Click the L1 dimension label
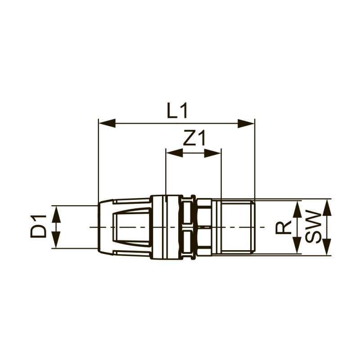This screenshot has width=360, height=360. (177, 111)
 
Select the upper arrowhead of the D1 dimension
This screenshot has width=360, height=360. (56, 214)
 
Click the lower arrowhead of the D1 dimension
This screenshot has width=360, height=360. (56, 239)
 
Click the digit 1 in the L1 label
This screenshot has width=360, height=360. (183, 111)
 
